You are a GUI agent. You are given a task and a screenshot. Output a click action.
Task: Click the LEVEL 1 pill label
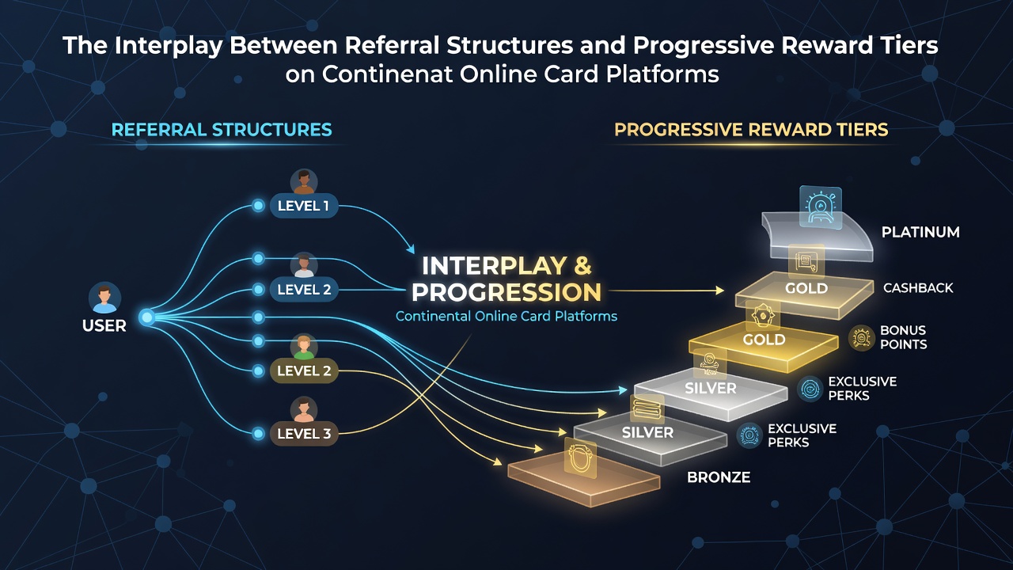[x=304, y=206]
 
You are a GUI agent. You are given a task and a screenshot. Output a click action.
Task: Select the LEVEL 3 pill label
[x=304, y=433]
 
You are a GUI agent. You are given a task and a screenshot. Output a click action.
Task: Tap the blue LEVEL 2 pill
[x=304, y=290]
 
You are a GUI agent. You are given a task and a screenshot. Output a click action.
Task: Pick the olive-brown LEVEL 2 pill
[x=304, y=371]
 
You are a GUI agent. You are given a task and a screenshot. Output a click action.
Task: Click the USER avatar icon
[x=104, y=298]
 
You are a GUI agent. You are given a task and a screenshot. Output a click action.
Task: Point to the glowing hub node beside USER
[x=146, y=317]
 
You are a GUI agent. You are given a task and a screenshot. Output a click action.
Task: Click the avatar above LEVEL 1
[x=303, y=182]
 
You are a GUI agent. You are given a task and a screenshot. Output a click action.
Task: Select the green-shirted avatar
[x=303, y=348]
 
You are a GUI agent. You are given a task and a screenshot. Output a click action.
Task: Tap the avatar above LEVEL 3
[x=303, y=410]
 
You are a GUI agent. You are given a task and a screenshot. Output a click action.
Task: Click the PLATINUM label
[x=920, y=232]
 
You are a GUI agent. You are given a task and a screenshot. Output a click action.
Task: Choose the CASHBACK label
[x=918, y=287]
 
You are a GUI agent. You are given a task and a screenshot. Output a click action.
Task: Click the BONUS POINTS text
[x=903, y=337]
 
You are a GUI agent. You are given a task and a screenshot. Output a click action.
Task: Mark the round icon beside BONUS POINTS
[x=861, y=338]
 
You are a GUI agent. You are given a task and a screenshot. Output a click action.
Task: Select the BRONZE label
[x=719, y=477]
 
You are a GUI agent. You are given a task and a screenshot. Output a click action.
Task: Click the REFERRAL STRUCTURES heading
[x=222, y=130]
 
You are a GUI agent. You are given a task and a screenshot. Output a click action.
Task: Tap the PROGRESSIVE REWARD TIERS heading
[x=751, y=130]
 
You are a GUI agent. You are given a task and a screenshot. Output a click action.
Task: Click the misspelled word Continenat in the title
[x=387, y=74]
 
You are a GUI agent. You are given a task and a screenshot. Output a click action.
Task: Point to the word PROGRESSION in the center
[x=506, y=292]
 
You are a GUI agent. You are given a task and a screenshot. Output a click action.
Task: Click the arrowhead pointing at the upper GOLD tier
[x=719, y=291]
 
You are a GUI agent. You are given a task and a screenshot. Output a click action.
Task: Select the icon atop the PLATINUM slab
[x=821, y=207]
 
